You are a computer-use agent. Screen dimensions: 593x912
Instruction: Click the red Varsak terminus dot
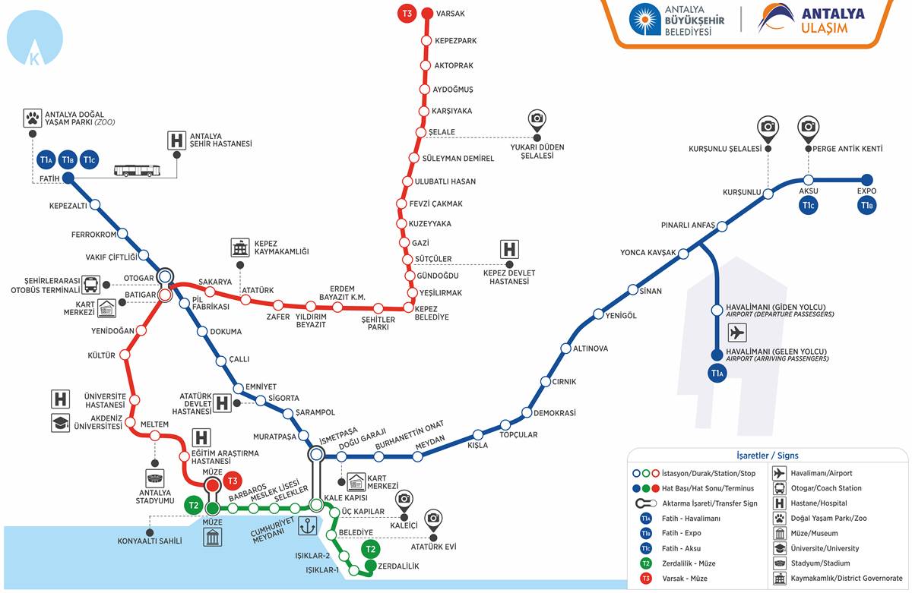[427, 13]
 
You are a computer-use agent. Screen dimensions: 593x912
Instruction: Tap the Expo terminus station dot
[866, 180]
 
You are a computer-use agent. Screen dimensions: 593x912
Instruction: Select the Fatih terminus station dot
[68, 178]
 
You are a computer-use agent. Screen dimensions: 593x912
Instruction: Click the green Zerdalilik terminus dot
[370, 566]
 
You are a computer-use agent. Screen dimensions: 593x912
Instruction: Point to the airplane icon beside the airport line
[736, 332]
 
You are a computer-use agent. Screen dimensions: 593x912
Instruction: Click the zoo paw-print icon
[33, 118]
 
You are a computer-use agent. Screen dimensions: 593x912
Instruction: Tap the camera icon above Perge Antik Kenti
[808, 127]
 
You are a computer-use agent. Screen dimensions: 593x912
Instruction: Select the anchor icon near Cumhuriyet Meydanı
[307, 525]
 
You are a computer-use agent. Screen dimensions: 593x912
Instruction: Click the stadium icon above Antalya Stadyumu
[155, 478]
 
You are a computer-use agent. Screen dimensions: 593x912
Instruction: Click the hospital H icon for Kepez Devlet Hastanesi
[509, 249]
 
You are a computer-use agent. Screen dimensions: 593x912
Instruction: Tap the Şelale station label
[442, 132]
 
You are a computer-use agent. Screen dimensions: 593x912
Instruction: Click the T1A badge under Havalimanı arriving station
[716, 373]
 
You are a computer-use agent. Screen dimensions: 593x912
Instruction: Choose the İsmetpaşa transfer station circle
[316, 455]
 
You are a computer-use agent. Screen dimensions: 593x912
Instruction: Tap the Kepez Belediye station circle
[410, 309]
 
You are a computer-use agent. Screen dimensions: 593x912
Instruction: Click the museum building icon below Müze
[213, 538]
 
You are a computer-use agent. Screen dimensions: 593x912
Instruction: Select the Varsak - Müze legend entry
[684, 578]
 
